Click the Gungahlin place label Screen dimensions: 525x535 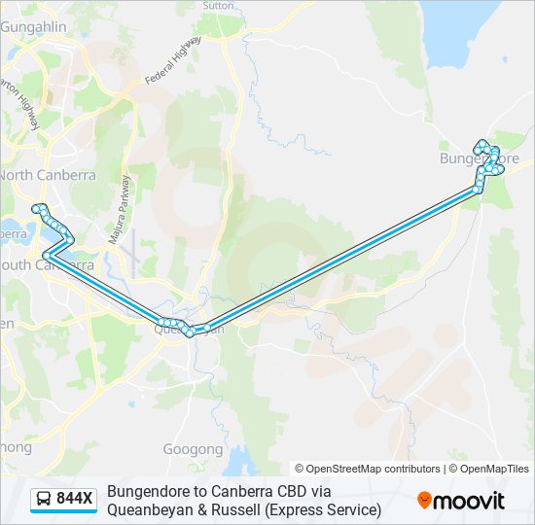coord(32,27)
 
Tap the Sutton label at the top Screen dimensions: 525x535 coord(217,5)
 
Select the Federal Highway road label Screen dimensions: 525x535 coord(173,60)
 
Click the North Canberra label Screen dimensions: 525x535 coord(47,175)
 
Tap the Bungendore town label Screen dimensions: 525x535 coord(479,157)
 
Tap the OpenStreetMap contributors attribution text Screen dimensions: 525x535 coord(368,469)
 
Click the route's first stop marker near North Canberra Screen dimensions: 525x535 coord(37,208)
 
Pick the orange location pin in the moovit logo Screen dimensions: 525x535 coord(424,501)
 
